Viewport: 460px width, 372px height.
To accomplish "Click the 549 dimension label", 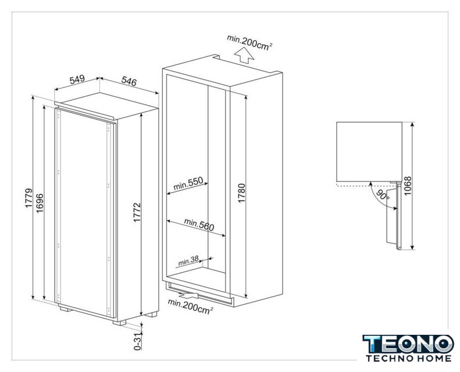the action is [77, 79].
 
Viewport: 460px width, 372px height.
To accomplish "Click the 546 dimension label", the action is [129, 81].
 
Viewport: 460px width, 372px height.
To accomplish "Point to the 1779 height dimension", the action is [28, 198].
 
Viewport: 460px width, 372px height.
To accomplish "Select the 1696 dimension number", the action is [40, 203].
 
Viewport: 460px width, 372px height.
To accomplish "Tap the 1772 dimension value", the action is [137, 212].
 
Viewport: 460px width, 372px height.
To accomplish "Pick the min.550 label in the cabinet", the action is [188, 184].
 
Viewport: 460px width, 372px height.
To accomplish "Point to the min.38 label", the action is [188, 261].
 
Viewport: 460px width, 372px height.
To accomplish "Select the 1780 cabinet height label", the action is [241, 193].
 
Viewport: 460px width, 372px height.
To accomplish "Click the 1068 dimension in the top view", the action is [408, 186].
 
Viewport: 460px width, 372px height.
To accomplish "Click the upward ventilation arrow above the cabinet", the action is [244, 56].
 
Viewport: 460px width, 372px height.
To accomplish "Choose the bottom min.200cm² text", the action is [190, 306].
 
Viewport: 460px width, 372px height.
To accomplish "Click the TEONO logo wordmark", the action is [408, 344].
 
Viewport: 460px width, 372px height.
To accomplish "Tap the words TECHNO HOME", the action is [408, 358].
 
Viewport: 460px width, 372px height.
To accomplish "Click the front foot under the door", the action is [119, 323].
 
